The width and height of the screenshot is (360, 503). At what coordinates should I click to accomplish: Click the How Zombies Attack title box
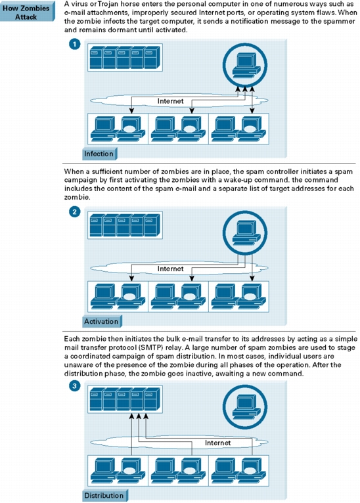(27, 12)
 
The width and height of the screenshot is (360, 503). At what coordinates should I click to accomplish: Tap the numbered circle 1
(74, 43)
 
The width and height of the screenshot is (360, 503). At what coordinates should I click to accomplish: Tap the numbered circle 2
(74, 211)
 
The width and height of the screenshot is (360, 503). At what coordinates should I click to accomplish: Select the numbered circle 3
(74, 385)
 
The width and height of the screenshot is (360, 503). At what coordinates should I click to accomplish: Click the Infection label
(99, 154)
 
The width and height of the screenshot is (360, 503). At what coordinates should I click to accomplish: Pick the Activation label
(102, 321)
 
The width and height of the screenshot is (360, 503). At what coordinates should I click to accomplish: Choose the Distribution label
(104, 495)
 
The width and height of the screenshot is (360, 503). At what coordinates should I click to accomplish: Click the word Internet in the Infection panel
(170, 101)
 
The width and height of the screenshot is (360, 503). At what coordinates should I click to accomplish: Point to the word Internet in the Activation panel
(170, 269)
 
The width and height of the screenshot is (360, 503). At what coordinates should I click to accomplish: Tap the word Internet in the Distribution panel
(217, 443)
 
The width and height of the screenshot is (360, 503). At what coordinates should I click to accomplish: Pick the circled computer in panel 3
(245, 406)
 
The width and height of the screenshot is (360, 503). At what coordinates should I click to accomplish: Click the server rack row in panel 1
(125, 57)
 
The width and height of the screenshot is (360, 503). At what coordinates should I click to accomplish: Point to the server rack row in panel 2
(125, 225)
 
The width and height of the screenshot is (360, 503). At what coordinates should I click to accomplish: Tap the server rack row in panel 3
(125, 399)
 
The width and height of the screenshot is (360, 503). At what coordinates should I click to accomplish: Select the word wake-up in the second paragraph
(239, 181)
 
